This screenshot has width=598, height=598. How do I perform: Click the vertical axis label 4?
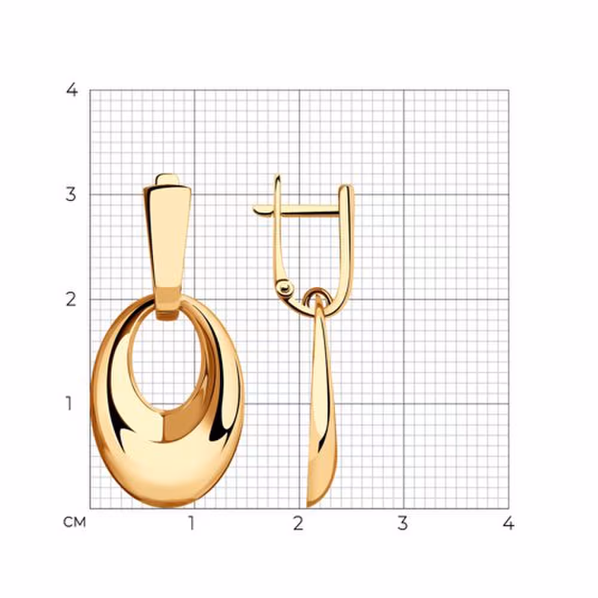[x=72, y=90]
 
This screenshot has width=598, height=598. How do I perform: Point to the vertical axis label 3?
[x=71, y=194]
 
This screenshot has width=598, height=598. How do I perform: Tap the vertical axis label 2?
[x=71, y=300]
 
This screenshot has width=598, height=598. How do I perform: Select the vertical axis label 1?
[x=69, y=404]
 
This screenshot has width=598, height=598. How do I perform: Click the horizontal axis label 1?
[x=192, y=523]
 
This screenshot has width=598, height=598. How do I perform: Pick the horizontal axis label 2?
[x=298, y=523]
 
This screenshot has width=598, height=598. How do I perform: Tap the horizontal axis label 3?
[x=402, y=523]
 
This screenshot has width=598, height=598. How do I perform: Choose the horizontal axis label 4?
[x=508, y=523]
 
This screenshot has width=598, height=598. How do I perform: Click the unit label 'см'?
[x=74, y=522]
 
